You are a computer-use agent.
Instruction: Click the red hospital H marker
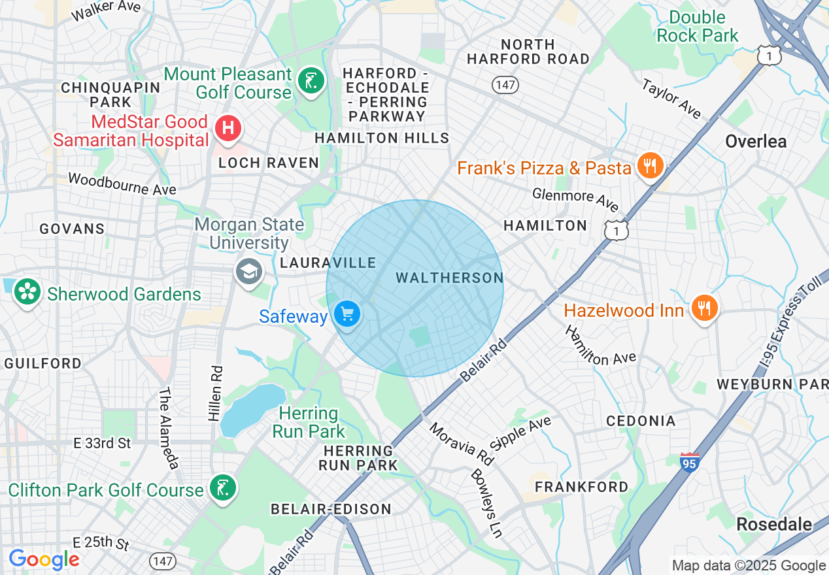(228, 127)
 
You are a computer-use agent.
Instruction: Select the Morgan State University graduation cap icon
(249, 272)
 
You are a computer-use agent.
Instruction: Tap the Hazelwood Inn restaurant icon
(704, 308)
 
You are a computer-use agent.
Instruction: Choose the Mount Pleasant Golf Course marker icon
(311, 82)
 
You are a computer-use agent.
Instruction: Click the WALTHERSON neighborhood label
(450, 278)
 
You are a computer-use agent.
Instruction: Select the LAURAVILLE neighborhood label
(328, 263)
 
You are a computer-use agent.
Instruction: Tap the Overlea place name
(756, 141)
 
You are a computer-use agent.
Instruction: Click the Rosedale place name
(773, 524)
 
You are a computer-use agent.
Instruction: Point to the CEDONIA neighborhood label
(640, 421)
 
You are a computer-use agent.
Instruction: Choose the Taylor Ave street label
(671, 99)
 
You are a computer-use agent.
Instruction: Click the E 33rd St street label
(102, 443)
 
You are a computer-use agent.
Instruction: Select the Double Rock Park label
(697, 26)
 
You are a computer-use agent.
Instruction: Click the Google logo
(44, 559)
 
